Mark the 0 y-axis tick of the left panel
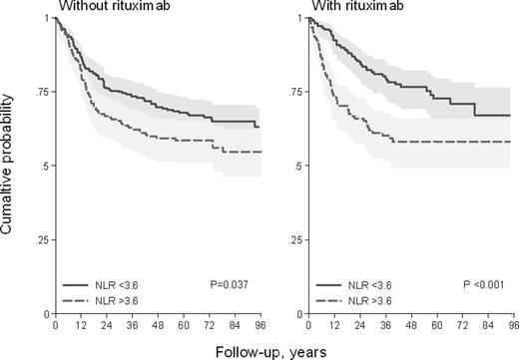pos(46,314)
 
